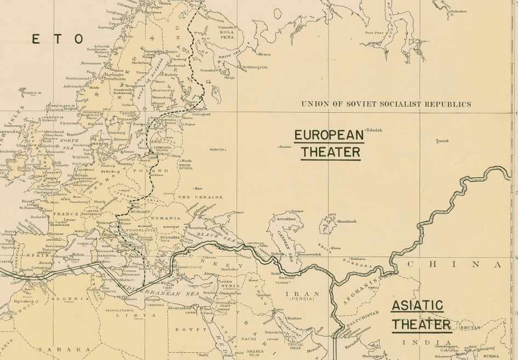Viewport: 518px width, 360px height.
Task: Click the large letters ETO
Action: point(57,39)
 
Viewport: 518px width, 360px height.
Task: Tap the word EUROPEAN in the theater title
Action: point(329,135)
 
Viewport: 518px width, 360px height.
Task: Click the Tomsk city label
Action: point(442,141)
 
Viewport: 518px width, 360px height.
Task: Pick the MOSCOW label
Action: point(218,149)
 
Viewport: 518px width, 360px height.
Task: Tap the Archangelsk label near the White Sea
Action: point(254,67)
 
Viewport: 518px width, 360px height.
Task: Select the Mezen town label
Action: point(264,54)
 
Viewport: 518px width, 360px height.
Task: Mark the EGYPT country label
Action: point(184,329)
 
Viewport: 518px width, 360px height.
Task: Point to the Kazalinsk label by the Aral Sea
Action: point(347,221)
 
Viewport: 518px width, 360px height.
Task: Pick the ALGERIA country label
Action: point(70,299)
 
